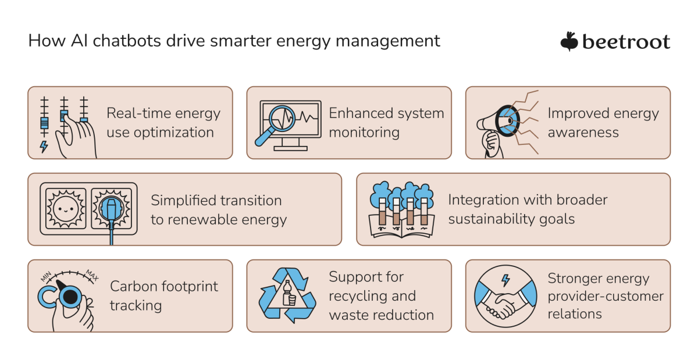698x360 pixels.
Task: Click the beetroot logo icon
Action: pyautogui.click(x=568, y=41)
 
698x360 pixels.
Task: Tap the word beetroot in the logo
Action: pyautogui.click(x=626, y=42)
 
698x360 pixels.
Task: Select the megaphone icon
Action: pyautogui.click(x=497, y=122)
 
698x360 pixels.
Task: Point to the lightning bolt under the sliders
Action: pyautogui.click(x=43, y=147)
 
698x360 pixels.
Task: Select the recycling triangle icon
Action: pyautogui.click(x=287, y=295)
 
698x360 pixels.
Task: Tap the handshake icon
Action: pyautogui.click(x=504, y=302)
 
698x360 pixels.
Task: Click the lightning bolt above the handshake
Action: pyautogui.click(x=505, y=280)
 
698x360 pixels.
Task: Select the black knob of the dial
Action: pyautogui.click(x=70, y=297)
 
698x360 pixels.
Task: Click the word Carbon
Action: pyautogui.click(x=131, y=286)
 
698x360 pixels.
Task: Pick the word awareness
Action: pyautogui.click(x=583, y=133)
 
